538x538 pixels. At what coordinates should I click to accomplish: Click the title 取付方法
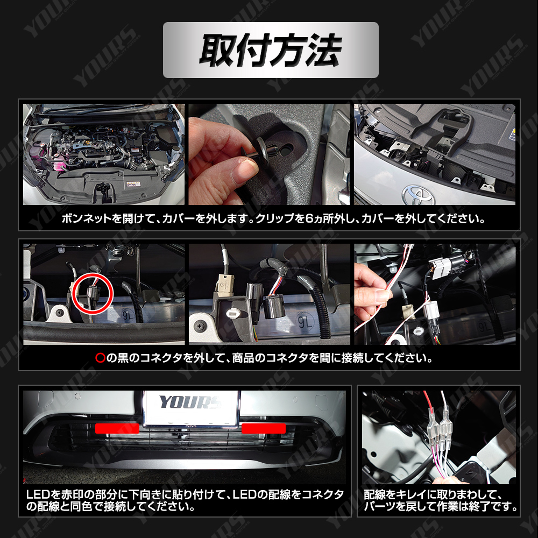271,50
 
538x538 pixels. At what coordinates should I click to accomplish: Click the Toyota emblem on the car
418,194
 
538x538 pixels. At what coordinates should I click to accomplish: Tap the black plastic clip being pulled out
263,150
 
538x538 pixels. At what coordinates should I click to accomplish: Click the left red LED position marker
117,428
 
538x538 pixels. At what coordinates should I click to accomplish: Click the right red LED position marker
264,428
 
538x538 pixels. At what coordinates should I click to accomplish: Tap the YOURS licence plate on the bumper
191,408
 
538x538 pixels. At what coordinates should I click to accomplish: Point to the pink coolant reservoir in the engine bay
59,160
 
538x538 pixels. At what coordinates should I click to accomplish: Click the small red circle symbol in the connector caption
100,358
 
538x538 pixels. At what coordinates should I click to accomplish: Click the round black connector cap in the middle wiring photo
274,307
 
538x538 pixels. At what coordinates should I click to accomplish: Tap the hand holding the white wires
371,293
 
